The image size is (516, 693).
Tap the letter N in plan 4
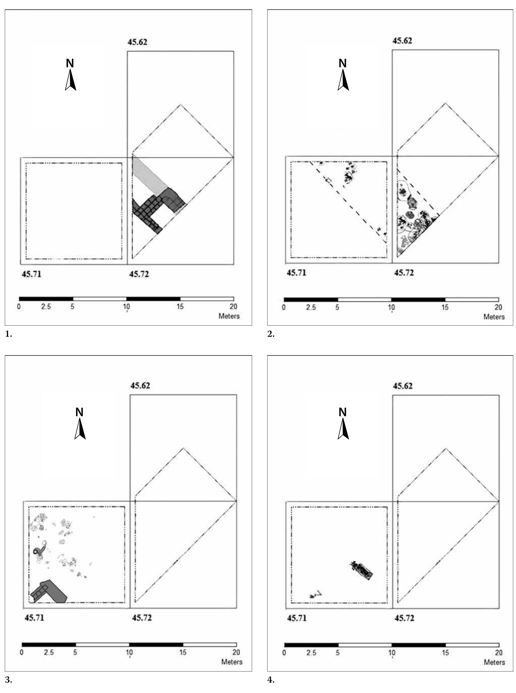pyautogui.click(x=343, y=412)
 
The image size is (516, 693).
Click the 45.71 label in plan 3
pyautogui.click(x=34, y=618)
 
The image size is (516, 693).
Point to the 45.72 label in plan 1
pyautogui.click(x=139, y=274)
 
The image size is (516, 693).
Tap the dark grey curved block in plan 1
pyautogui.click(x=173, y=198)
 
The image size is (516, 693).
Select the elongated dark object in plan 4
pyautogui.click(x=362, y=570)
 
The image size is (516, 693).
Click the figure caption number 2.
pyautogui.click(x=271, y=334)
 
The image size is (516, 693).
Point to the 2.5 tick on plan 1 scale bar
pyautogui.click(x=46, y=306)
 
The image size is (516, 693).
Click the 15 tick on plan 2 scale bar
pyautogui.click(x=445, y=307)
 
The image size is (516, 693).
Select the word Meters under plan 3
pyautogui.click(x=232, y=662)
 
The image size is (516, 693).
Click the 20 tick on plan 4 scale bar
pyautogui.click(x=499, y=653)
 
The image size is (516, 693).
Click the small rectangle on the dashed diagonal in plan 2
pyautogui.click(x=328, y=180)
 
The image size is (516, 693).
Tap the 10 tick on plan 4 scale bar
pyautogui.click(x=391, y=653)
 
